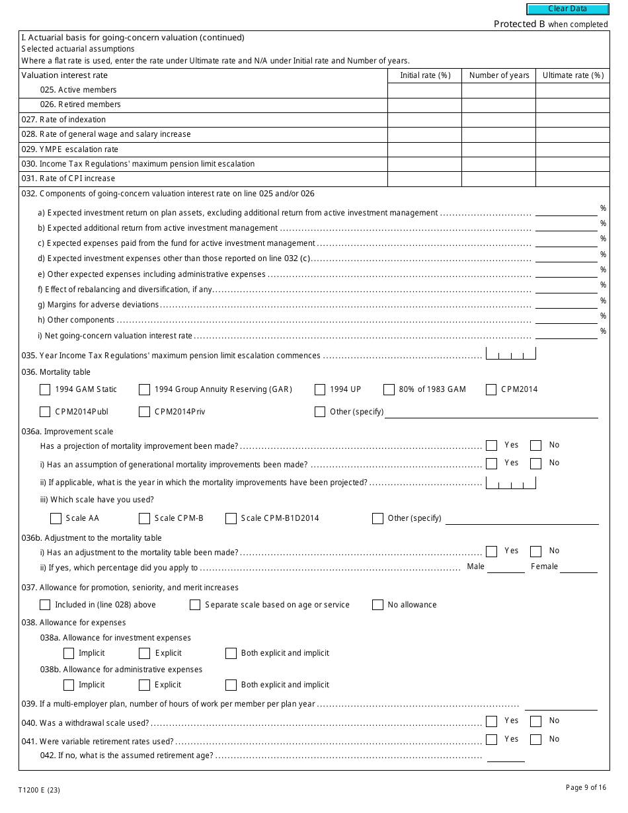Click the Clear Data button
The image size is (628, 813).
click(x=567, y=9)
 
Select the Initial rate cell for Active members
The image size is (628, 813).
click(x=424, y=90)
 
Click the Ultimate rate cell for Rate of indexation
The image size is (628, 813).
click(x=572, y=120)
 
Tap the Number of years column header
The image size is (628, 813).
click(x=499, y=75)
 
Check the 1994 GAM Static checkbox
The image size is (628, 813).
click(x=45, y=389)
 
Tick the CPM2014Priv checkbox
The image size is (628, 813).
click(x=144, y=412)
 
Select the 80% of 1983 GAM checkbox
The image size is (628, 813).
click(x=389, y=389)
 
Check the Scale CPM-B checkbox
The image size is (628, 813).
click(x=144, y=518)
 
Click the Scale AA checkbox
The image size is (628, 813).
click(x=56, y=518)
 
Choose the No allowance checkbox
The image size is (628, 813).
click(x=377, y=605)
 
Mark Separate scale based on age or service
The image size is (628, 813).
click(x=195, y=605)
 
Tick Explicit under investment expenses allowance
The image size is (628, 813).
click(x=144, y=653)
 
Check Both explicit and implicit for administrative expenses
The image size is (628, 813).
click(x=231, y=685)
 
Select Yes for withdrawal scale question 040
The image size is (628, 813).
click(x=491, y=721)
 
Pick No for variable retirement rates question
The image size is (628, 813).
click(x=536, y=740)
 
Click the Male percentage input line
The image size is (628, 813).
click(x=506, y=567)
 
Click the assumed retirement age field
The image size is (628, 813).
click(x=506, y=756)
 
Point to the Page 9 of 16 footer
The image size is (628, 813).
click(x=586, y=787)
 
